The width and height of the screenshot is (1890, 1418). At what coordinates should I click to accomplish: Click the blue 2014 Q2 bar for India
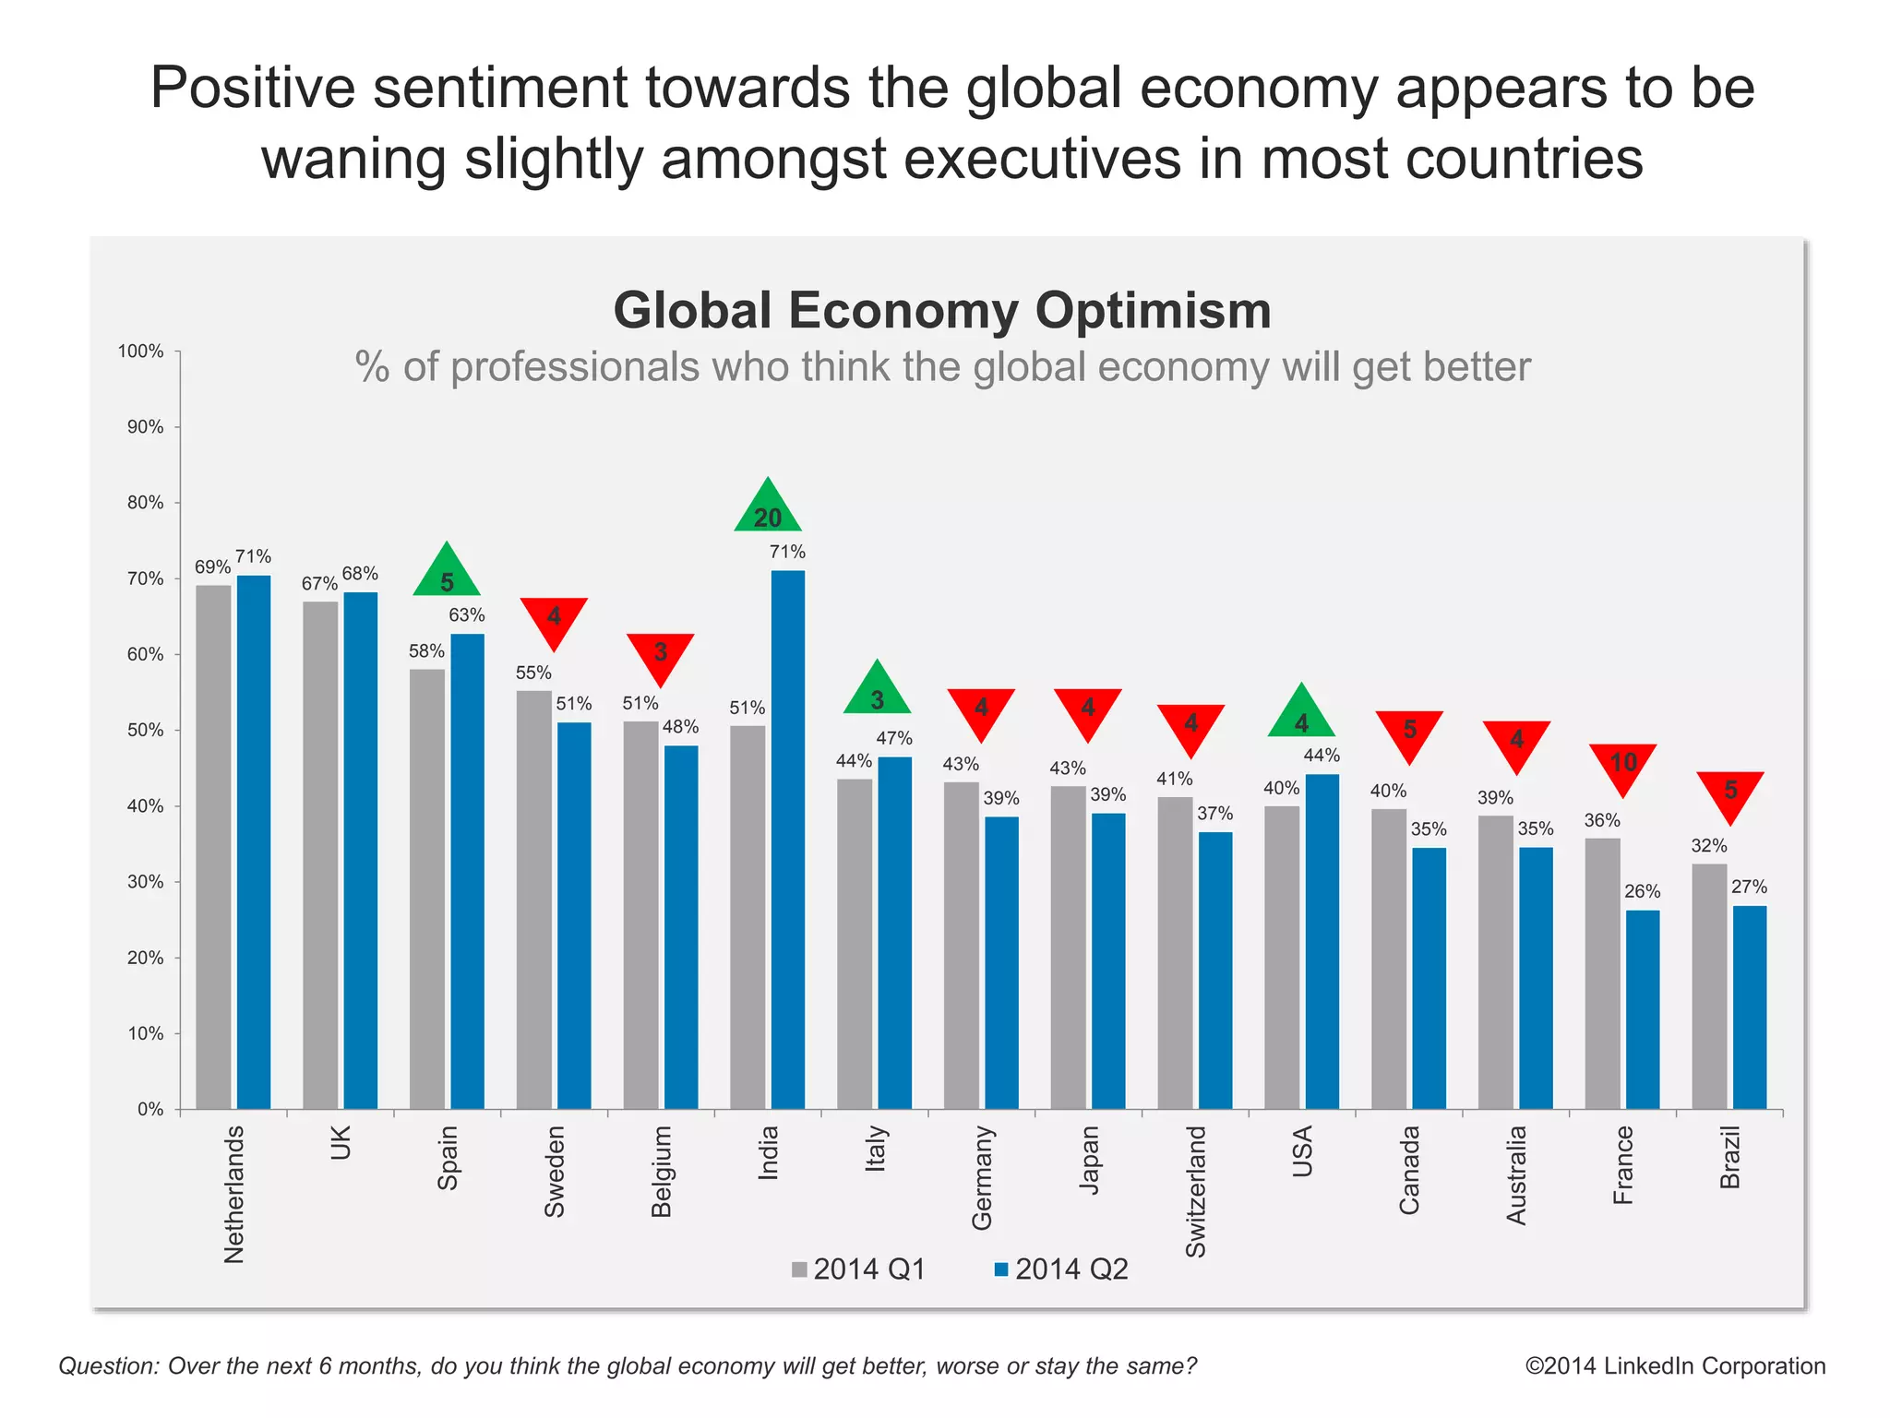coord(787,840)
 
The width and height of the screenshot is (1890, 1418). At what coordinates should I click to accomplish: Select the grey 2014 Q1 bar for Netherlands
coord(213,847)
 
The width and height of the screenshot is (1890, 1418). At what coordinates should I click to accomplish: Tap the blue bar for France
coord(1642,1009)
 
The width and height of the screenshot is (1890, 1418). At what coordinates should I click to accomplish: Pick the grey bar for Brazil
coord(1708,986)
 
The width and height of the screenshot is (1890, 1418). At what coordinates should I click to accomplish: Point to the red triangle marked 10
coord(1622,766)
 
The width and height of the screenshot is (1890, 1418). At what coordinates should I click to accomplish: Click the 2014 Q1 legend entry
coord(858,1269)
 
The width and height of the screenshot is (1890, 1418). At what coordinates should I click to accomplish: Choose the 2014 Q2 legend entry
coord(1061,1269)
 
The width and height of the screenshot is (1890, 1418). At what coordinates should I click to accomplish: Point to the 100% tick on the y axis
coord(140,352)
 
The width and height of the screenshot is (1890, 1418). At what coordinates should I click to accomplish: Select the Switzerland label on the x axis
coord(1195,1191)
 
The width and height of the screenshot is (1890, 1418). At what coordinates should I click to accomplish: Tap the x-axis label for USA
coord(1302,1152)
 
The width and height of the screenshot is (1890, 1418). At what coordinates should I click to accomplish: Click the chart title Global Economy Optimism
coord(942,310)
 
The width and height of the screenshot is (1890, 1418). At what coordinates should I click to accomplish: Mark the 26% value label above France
coord(1642,892)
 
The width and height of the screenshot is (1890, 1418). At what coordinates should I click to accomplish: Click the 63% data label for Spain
coord(467,615)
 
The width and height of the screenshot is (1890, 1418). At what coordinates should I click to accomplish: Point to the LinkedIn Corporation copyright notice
coord(1675,1366)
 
